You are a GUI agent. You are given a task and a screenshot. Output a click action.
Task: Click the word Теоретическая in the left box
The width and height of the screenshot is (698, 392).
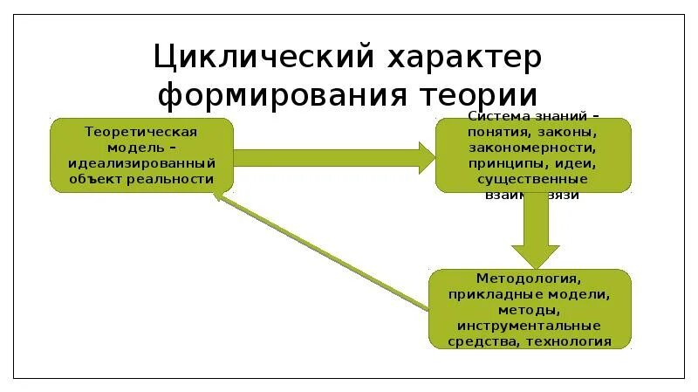(141, 132)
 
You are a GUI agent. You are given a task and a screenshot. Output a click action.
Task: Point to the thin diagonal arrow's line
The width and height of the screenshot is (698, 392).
(323, 253)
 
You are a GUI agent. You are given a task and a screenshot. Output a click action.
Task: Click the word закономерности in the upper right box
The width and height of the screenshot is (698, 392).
(532, 148)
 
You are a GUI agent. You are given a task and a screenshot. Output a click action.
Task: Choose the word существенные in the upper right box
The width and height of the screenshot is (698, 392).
(532, 179)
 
